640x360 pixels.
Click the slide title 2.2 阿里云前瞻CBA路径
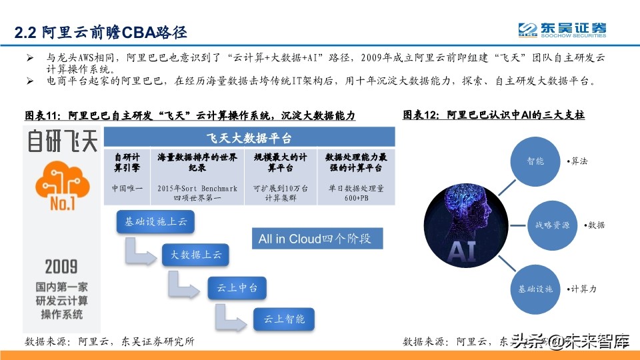tap(101, 32)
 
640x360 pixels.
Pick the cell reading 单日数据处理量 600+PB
tap(356, 193)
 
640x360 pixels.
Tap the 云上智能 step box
tap(285, 319)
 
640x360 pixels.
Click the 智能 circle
tap(536, 161)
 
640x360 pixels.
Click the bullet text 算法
tap(577, 161)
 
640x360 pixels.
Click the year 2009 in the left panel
tap(61, 267)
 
